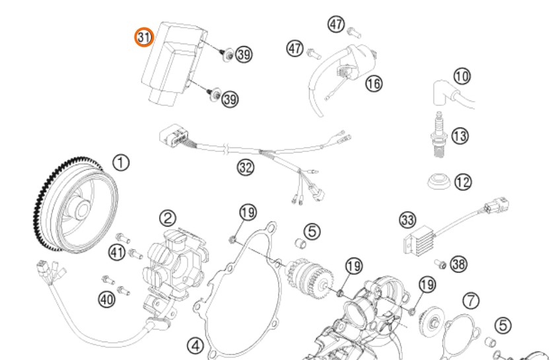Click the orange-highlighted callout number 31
144,37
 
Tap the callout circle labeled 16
374,84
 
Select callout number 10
463,77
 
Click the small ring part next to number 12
436,180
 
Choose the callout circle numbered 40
106,299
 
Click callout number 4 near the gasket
195,344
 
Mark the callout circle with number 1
121,162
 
